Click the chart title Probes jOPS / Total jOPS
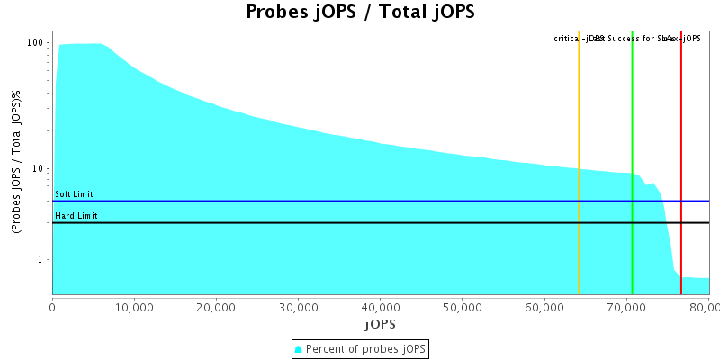(360, 13)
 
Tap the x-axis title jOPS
(380, 323)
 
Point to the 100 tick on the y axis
(36, 43)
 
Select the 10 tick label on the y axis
(39, 169)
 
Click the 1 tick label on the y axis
(42, 260)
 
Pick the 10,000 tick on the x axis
(134, 306)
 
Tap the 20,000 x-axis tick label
(216, 306)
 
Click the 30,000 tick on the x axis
(298, 306)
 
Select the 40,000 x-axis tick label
(380, 306)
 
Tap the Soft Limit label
(74, 194)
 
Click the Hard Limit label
(75, 216)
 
